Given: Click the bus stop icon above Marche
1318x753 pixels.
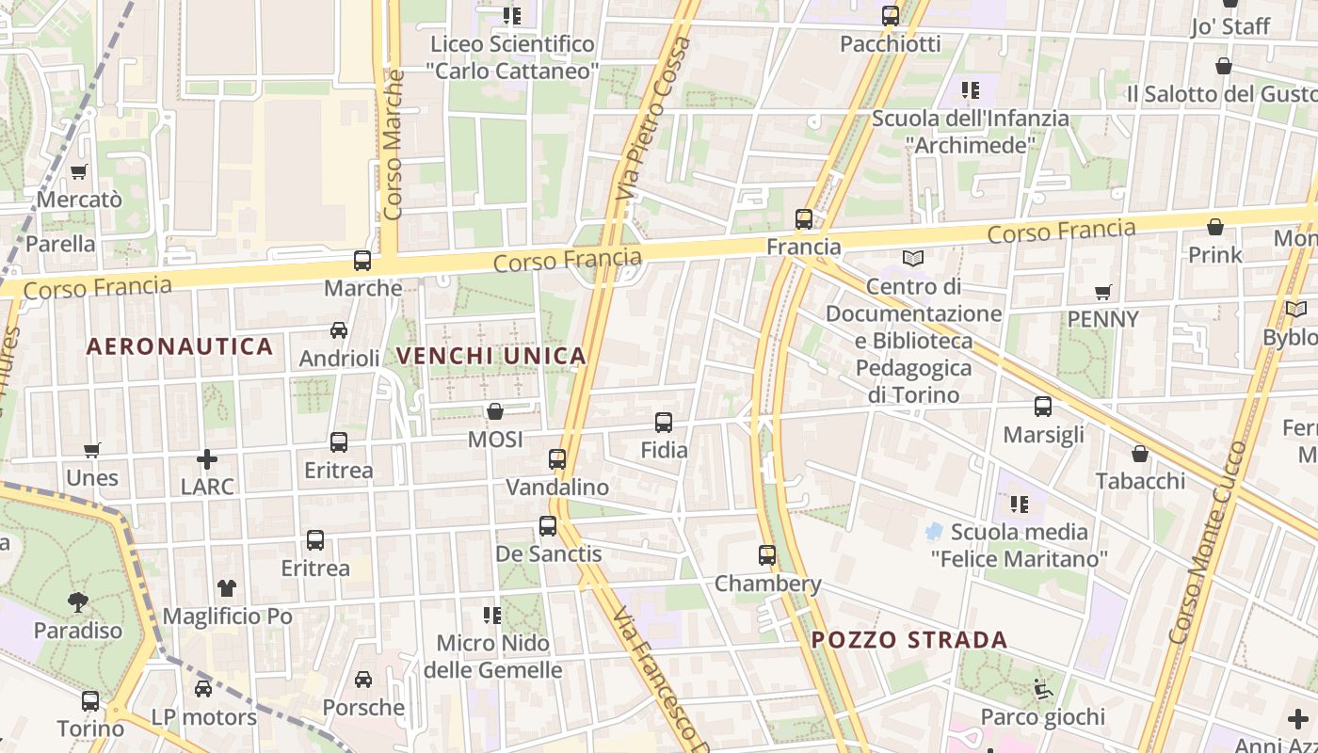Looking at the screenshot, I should coord(362,261).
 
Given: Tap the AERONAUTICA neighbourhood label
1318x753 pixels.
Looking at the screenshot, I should coord(180,346).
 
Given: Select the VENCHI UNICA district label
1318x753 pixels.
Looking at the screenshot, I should coord(491,356).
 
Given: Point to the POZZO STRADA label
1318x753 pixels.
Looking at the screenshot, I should coord(909,640).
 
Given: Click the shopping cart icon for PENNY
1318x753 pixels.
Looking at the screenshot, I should coord(1103,293).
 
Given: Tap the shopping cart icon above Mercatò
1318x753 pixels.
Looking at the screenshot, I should coord(79,172).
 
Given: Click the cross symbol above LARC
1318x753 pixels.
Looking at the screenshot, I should coord(207,459).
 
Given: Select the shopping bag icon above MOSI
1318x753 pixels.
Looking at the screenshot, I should coord(495,411).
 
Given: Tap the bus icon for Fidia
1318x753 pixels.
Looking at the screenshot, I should coord(664,423).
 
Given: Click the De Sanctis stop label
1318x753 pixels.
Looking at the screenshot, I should coord(548,553).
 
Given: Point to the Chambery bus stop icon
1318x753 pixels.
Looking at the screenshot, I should coord(767,555).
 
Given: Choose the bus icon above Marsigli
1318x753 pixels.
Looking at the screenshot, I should coord(1043,407).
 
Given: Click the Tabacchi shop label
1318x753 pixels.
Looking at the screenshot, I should coord(1140,481).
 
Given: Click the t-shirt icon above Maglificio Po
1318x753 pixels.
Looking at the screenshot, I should coord(227,588).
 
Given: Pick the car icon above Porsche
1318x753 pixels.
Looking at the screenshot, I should coord(363,680).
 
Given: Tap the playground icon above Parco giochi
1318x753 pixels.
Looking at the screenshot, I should coord(1042,690).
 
